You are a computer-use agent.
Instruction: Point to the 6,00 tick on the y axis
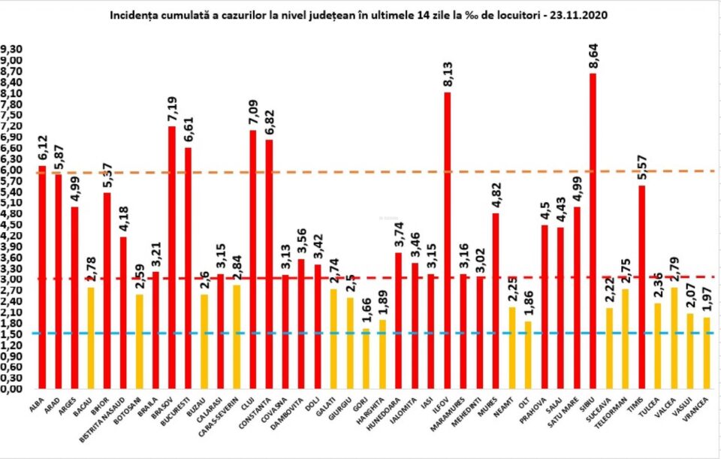pos(13,170)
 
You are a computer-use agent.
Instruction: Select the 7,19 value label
pos(172,108)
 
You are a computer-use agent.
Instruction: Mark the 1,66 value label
pos(366,311)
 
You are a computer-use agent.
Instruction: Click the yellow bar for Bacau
pos(91,338)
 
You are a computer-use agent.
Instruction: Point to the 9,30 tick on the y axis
pos(13,50)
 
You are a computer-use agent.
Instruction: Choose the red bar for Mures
pos(496,300)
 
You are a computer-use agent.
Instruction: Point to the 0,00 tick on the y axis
pos(13,389)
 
